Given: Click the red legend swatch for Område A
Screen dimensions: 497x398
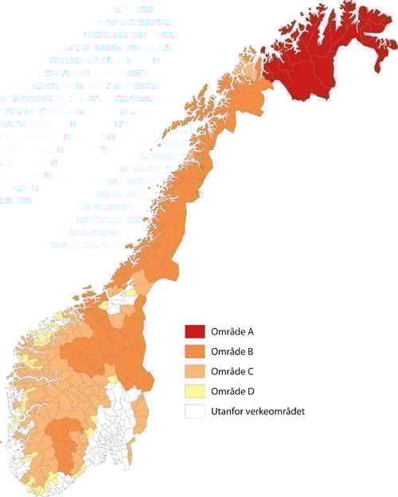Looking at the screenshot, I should coord(195,331).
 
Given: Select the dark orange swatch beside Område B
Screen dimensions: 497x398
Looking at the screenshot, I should coord(195,351).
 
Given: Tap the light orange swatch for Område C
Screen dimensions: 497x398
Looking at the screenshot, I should coord(195,371).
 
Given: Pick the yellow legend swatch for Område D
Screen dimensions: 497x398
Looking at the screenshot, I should coord(195,391).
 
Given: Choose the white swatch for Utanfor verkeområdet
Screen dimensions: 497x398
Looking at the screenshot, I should coord(195,411).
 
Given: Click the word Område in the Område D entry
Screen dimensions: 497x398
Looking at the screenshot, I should coord(228,391).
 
